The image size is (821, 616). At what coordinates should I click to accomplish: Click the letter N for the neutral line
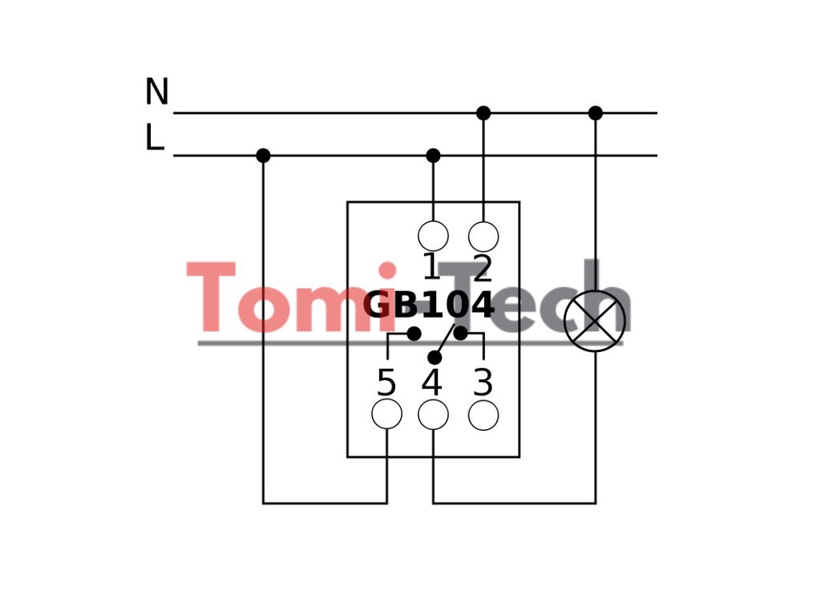pos(156,92)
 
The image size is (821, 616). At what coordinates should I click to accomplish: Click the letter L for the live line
pos(154,138)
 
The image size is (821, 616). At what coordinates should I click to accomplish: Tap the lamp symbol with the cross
pos(594,321)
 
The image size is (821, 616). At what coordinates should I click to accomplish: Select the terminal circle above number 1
pos(433,237)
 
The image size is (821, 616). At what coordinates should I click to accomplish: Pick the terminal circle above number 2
pos(483,237)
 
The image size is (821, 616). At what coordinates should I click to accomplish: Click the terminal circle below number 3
pos(483,415)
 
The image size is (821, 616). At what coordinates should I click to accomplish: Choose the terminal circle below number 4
pos(433,415)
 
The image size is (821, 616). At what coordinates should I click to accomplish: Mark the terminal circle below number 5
pos(386,415)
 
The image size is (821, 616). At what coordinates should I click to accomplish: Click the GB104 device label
pos(429,306)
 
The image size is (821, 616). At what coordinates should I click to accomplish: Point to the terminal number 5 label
pos(386,383)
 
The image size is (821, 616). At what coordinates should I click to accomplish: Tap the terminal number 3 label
pos(483,383)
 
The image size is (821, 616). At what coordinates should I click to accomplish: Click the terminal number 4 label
pos(432,383)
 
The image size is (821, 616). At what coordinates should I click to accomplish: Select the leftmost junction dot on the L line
pos(263,156)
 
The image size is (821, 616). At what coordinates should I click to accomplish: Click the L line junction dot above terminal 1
pos(433,156)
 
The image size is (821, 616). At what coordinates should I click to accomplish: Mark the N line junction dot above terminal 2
pos(483,113)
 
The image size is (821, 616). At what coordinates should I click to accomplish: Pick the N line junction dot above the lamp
pos(595,113)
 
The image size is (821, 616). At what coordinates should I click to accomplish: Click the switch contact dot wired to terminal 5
pos(414,334)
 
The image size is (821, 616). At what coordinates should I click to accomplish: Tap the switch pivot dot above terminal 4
pos(435,357)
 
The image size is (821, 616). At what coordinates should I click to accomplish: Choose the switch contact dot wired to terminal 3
pos(461,333)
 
